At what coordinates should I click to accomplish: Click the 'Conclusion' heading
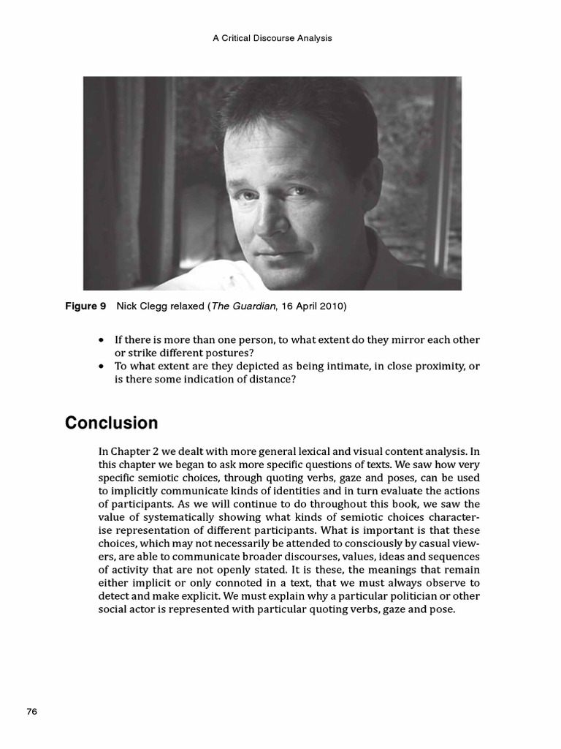(x=111, y=423)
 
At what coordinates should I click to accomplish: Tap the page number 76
(x=31, y=712)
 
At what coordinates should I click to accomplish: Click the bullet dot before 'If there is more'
(x=101, y=341)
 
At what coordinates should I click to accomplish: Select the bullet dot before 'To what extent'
(x=101, y=366)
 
